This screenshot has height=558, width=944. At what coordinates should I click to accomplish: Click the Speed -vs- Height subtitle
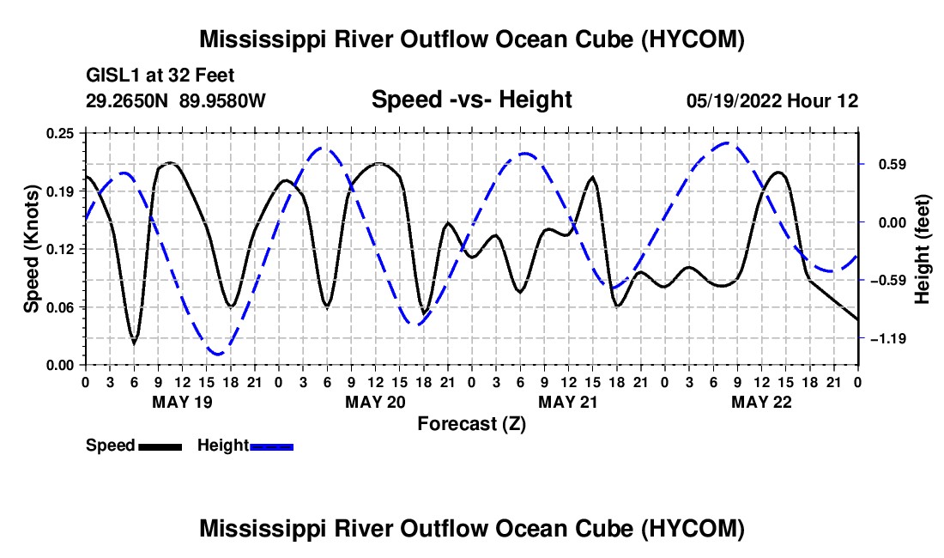point(471,100)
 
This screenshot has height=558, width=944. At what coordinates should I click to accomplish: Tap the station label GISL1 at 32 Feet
point(160,76)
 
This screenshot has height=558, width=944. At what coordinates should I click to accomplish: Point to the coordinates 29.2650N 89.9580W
point(176,100)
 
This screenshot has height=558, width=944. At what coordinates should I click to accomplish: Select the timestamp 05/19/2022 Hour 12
point(772,100)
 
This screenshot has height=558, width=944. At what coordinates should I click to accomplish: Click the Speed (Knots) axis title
point(31,249)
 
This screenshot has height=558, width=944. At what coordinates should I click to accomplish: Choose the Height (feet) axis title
point(922,249)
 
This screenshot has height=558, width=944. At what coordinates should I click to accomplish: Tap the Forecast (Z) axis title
point(471,424)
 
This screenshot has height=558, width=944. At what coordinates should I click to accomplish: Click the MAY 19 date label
point(182,402)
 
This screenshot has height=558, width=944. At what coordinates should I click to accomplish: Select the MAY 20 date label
point(375,402)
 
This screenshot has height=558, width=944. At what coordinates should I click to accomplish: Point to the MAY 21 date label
point(568,402)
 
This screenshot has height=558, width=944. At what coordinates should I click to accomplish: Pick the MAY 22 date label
point(761,402)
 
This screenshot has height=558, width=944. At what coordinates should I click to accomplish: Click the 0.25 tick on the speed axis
point(60,133)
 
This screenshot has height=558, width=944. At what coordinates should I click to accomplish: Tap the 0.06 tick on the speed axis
point(60,307)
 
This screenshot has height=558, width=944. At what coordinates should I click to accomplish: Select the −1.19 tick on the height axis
point(888,339)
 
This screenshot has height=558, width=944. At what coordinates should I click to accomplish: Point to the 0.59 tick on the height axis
point(893,164)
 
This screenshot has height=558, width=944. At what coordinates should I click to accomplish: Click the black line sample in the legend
point(160,446)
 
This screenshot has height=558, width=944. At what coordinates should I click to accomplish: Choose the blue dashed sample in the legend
point(271,446)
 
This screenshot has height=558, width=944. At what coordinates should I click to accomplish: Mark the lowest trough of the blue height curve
point(217,354)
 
